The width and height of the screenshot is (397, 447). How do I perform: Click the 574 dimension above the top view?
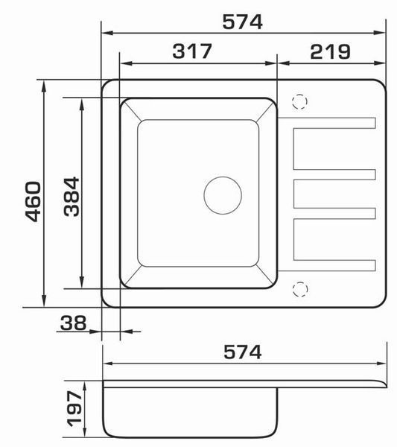coord(242,22)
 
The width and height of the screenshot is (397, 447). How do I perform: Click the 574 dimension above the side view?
coord(242,352)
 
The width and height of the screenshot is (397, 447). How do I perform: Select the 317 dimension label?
coord(192,51)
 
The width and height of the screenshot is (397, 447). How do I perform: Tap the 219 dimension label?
coord(330,52)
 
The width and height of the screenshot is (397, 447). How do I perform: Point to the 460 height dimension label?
coord(33,201)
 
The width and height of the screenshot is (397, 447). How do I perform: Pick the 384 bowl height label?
coord(72,197)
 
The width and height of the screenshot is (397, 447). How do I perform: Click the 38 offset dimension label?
coord(73,323)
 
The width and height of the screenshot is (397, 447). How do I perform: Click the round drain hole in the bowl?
coord(223,195)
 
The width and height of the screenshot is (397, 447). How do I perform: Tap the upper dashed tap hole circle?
coord(299,101)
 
